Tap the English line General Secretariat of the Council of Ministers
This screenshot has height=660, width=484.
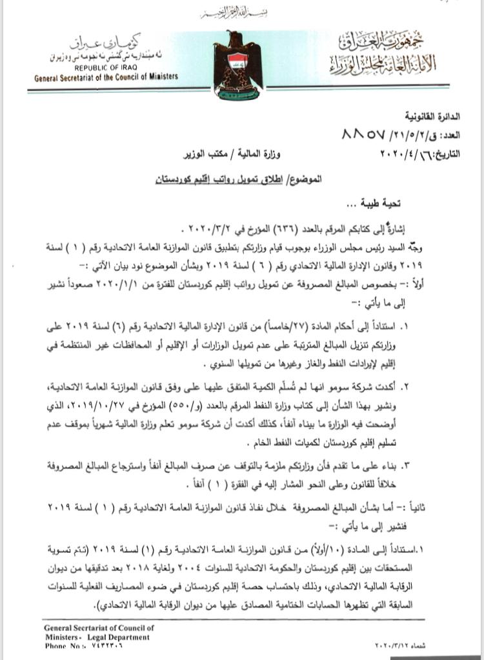[106, 77]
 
